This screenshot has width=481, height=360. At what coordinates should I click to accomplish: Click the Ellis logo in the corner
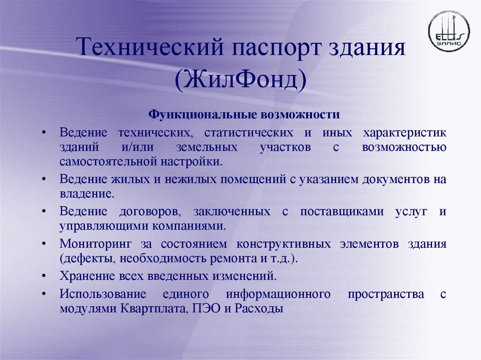point(449,31)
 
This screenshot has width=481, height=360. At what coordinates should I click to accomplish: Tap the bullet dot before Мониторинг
point(43,244)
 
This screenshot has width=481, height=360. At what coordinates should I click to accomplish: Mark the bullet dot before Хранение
point(43,276)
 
